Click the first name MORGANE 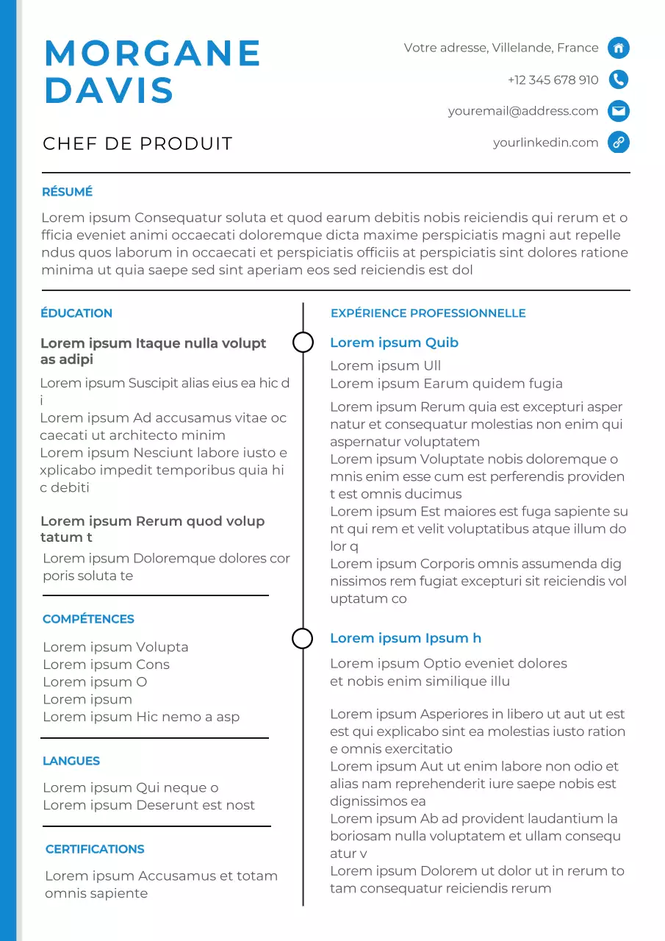(x=153, y=54)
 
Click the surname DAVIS (x=109, y=90)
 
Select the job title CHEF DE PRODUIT (x=137, y=143)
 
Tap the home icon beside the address (x=619, y=48)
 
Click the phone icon (x=619, y=79)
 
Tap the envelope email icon (x=619, y=111)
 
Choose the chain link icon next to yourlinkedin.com (x=619, y=143)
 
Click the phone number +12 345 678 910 (x=553, y=79)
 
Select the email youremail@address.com (x=523, y=111)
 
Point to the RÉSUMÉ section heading (x=67, y=192)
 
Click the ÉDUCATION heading (x=76, y=313)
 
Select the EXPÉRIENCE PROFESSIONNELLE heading (x=428, y=313)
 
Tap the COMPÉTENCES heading (x=88, y=619)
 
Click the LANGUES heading (x=71, y=761)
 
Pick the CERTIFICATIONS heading (x=95, y=849)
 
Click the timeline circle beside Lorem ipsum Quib (x=303, y=342)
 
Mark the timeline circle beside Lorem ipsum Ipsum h (x=303, y=638)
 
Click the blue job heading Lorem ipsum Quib (x=394, y=343)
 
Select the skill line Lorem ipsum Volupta (x=115, y=647)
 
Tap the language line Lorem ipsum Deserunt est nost (x=148, y=805)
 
